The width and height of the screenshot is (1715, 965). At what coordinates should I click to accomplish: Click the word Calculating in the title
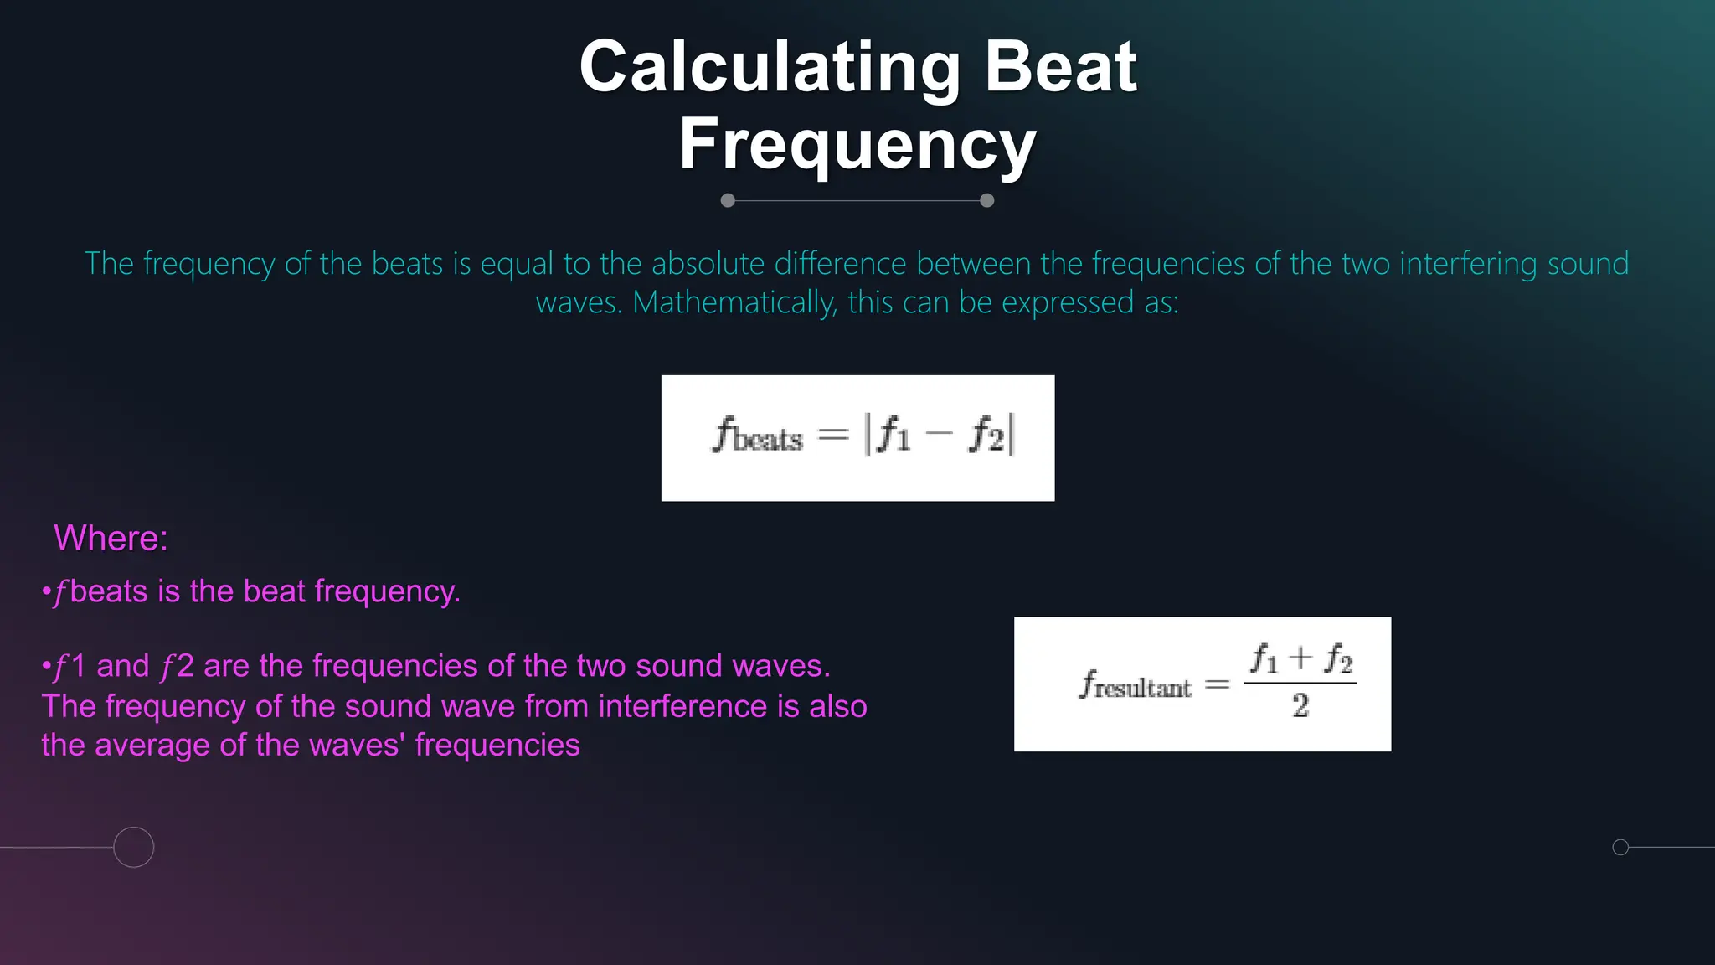point(769,69)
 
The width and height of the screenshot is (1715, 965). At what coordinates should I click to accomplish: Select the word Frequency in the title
point(857,144)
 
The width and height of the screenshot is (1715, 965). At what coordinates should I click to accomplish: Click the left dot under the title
point(728,200)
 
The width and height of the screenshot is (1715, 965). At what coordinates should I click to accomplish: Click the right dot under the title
point(987,200)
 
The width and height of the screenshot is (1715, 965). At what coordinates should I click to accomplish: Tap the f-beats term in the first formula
point(757,436)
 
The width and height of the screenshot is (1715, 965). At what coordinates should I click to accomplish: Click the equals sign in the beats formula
point(832,434)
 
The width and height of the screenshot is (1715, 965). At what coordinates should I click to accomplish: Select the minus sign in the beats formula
point(940,434)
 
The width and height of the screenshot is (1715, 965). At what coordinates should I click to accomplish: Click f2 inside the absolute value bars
point(986,436)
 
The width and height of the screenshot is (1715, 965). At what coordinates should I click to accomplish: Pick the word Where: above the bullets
point(111,539)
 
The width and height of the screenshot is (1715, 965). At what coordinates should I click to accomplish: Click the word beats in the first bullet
point(109,592)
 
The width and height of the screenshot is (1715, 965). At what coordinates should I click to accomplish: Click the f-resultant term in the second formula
point(1135,685)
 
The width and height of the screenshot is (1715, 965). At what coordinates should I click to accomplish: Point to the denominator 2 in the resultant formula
point(1300,706)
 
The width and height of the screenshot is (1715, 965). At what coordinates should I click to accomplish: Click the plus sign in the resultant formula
point(1300,658)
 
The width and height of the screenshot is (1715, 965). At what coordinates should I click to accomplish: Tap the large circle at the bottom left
point(134,847)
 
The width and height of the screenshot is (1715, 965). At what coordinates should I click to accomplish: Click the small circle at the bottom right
point(1620,847)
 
